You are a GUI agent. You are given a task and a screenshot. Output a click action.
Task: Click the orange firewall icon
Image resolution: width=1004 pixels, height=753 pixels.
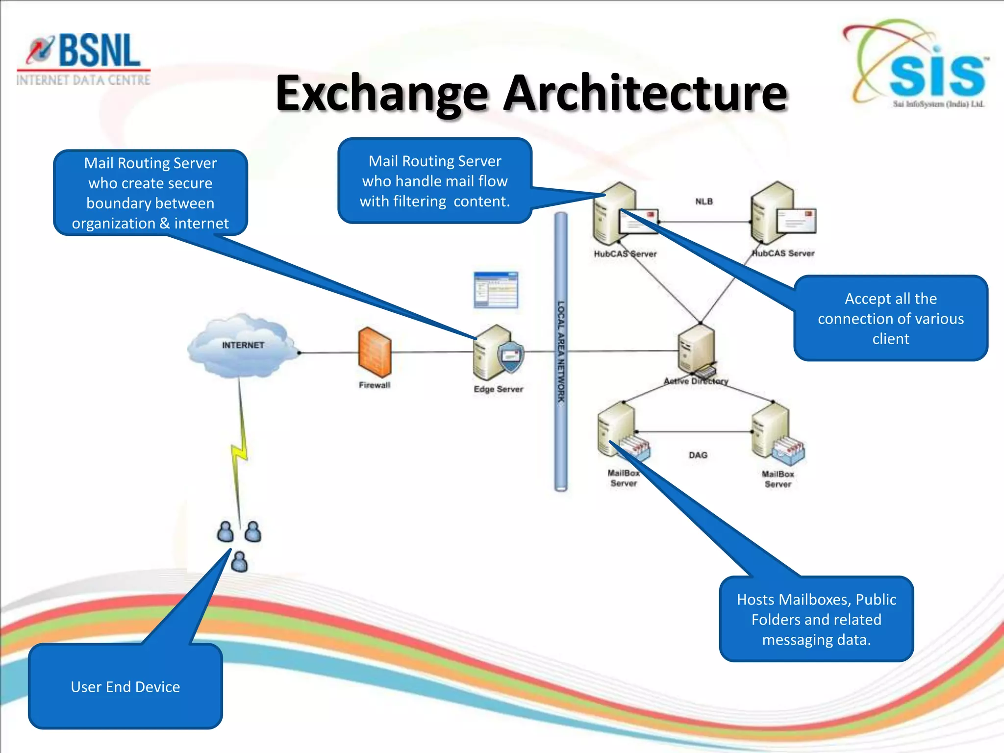(375, 352)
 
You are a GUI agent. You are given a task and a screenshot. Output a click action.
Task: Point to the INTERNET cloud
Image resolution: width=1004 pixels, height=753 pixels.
(242, 346)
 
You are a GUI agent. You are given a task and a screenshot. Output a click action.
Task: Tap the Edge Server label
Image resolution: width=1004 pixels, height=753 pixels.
(498, 389)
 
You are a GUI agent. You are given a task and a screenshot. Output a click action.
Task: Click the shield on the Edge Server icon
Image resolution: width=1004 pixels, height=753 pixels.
(511, 357)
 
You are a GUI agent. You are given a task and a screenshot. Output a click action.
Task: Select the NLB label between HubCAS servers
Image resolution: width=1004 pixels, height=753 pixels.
(704, 201)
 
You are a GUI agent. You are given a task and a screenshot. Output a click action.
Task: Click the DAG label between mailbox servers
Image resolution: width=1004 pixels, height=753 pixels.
(698, 455)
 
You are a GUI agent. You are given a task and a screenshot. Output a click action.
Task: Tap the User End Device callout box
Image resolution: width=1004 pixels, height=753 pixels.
(125, 686)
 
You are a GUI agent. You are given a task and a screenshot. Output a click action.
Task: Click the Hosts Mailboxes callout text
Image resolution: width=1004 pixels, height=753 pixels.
(816, 619)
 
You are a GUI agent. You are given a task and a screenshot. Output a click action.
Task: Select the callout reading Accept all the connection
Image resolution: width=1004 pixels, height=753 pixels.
(890, 319)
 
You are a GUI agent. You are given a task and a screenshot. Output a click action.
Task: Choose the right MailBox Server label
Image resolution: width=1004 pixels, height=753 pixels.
(778, 479)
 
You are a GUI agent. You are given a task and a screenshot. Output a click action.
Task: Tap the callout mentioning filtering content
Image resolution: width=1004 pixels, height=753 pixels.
(435, 181)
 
